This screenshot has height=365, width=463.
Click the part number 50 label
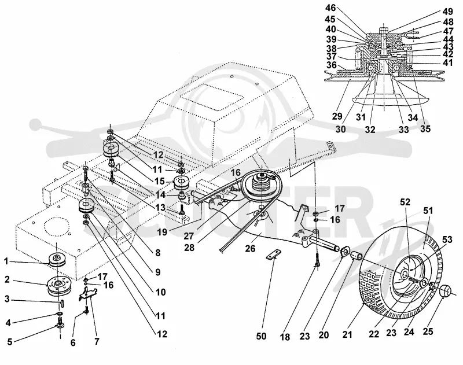261,336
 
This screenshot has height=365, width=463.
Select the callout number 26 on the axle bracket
250,249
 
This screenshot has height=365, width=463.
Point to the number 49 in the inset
447,12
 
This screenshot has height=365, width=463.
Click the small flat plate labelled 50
274,255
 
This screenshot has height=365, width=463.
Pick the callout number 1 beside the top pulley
6,261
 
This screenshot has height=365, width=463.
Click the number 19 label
162,232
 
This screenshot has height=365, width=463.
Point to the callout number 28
189,248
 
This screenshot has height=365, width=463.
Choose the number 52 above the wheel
405,202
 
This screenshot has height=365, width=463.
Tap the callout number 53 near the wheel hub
447,239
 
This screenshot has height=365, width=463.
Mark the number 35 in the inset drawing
425,129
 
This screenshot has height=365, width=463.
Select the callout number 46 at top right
330,8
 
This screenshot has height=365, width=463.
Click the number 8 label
157,253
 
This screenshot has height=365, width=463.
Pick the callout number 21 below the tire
347,334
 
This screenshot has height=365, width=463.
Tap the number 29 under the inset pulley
337,116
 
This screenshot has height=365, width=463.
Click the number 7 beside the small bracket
97,341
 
